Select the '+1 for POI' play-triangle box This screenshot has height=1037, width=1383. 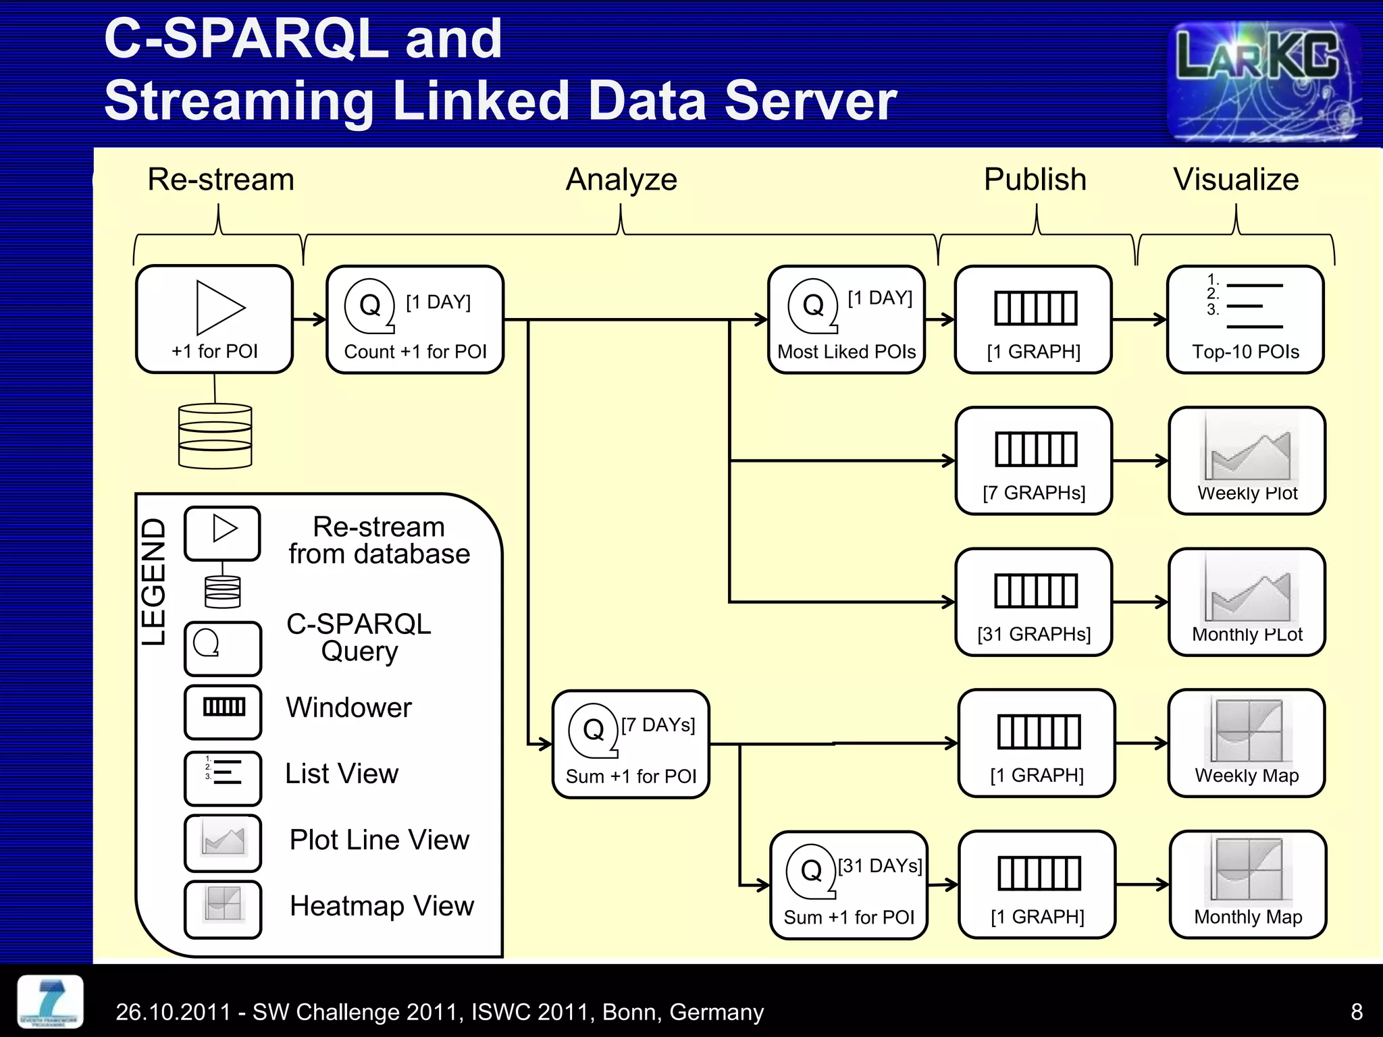[214, 319]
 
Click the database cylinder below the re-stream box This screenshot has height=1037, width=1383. [215, 436]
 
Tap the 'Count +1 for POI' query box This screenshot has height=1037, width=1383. [415, 319]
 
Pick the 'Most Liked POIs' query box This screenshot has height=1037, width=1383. [846, 319]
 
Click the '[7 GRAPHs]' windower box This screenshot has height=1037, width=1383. [1033, 460]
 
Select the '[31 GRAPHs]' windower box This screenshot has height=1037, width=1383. [1033, 602]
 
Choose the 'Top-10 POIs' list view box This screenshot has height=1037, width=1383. [1245, 319]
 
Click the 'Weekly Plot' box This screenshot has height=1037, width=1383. [1247, 460]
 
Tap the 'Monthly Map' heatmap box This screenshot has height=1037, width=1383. [1247, 884]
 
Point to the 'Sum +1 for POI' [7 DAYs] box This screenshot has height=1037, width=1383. [630, 744]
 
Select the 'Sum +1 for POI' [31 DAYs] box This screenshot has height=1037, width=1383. [848, 884]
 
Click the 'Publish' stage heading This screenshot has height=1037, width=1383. [1035, 180]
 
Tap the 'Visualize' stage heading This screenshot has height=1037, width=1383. [1235, 180]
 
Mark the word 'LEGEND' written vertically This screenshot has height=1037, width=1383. [153, 582]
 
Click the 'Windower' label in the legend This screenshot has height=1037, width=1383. [348, 708]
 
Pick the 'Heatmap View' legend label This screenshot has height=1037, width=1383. [382, 906]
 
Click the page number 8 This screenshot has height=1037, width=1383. [1356, 1011]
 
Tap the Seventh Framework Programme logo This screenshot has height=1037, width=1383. [50, 1002]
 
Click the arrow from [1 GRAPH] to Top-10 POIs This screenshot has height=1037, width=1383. [1139, 319]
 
